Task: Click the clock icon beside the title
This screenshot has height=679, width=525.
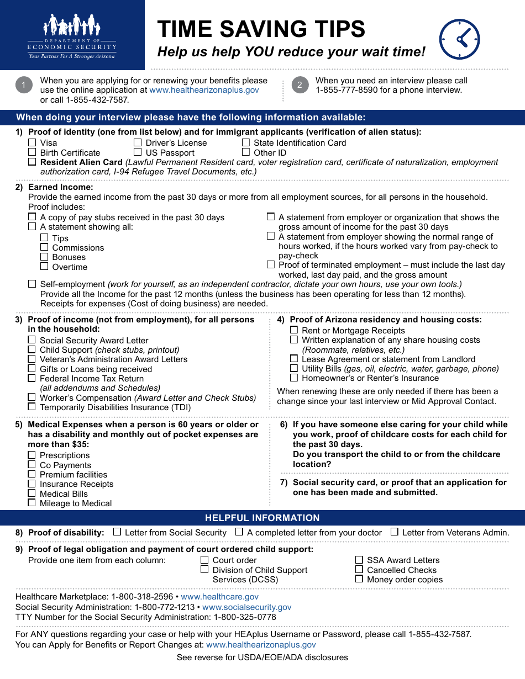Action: click(x=459, y=39)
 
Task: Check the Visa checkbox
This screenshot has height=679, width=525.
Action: click(x=32, y=142)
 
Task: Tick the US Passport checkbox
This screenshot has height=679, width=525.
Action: click(x=138, y=152)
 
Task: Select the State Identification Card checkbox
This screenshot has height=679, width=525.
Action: click(x=246, y=142)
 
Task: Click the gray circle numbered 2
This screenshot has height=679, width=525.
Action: click(x=300, y=84)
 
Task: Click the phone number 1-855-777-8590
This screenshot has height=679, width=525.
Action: click(x=347, y=90)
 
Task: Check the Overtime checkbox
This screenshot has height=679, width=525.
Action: click(x=44, y=267)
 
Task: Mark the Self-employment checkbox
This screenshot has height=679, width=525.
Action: click(x=32, y=284)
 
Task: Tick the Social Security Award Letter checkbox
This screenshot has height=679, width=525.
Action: click(x=32, y=340)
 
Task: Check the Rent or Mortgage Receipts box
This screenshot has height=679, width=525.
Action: click(x=294, y=330)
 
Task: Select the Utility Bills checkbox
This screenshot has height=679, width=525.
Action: click(x=294, y=368)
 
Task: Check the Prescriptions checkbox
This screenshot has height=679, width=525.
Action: click(x=32, y=455)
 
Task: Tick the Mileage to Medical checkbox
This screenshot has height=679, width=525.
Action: click(x=32, y=503)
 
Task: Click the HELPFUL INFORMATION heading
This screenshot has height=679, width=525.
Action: click(x=262, y=518)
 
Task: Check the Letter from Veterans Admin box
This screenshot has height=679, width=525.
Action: click(x=395, y=532)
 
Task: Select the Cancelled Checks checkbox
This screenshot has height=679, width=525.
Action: click(x=359, y=569)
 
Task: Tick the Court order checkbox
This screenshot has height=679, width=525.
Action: click(x=204, y=560)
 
